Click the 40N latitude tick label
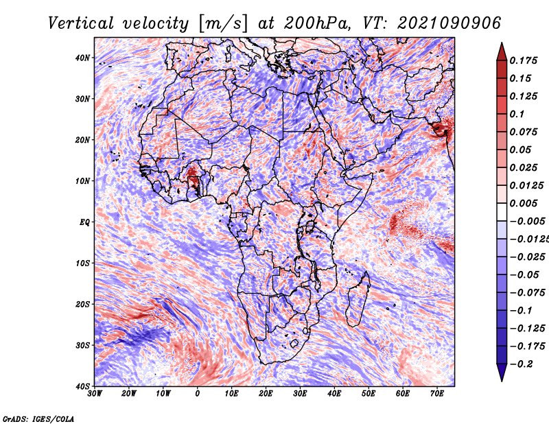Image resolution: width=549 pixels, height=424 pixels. (x=82, y=58)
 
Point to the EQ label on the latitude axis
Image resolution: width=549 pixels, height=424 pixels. (x=84, y=222)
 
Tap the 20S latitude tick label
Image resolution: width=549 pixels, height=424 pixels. (x=82, y=304)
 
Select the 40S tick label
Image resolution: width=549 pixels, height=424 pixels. (x=82, y=386)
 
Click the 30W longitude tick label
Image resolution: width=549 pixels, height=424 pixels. (x=95, y=394)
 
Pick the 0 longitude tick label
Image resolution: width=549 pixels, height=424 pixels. (x=197, y=394)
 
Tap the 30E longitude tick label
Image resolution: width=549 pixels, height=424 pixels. (x=300, y=394)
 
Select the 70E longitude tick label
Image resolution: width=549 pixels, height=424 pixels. (x=437, y=394)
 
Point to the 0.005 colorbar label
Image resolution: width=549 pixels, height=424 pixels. (x=524, y=203)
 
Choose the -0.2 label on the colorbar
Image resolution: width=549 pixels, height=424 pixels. (x=522, y=364)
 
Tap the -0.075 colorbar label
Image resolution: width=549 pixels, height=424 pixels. (x=528, y=293)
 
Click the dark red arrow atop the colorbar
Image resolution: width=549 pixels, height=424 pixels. (x=502, y=52)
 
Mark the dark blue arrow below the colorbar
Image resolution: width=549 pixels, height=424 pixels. (x=502, y=373)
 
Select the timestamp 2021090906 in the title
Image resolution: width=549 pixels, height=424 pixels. (x=449, y=23)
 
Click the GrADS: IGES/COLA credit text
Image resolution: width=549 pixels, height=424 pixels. (x=38, y=419)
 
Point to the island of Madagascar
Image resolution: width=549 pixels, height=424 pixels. (x=358, y=301)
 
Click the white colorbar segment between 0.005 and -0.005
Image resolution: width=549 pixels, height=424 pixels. (x=502, y=212)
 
